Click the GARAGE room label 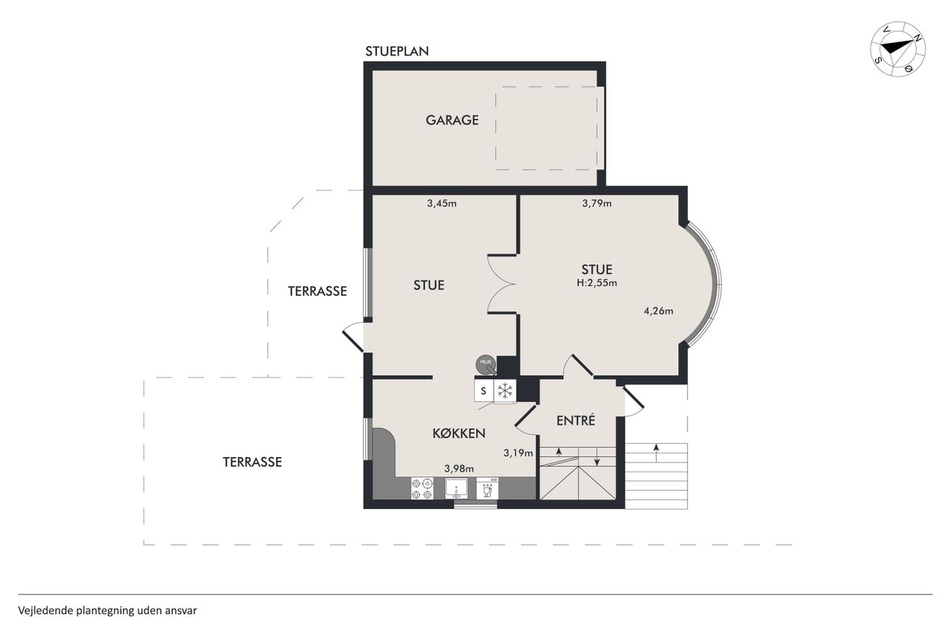point(452,120)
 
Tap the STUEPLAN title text point(397,51)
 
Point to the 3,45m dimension point(442,203)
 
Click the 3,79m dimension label point(597,203)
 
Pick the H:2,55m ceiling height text point(597,283)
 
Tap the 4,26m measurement point(658,311)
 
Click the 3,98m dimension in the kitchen point(459,469)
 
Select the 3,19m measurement point(518,453)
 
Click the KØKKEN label point(459,433)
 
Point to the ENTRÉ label point(575,421)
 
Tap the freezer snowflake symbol point(505,390)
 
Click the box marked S point(484,390)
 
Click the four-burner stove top point(422,488)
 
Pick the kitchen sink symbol point(456,488)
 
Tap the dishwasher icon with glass point(488,488)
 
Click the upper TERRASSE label point(317,292)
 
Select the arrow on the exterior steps point(657,453)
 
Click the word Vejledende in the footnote point(46,611)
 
